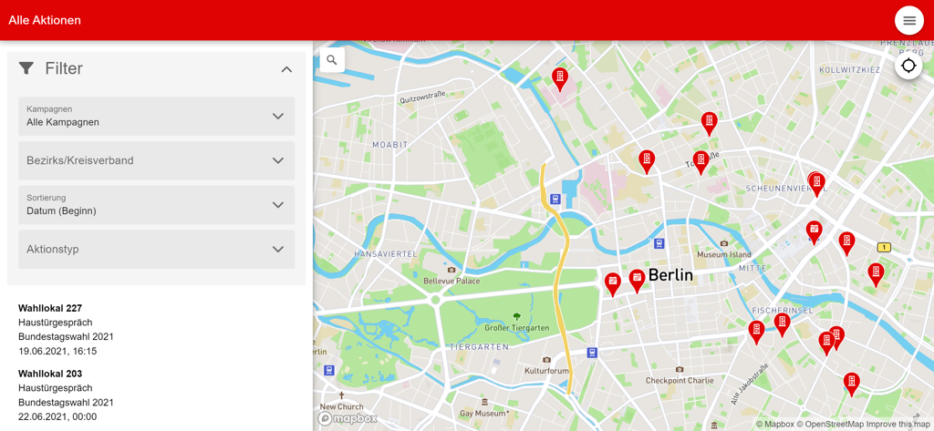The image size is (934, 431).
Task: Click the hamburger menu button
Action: (x=908, y=20)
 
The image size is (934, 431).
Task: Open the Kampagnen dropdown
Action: (x=156, y=116)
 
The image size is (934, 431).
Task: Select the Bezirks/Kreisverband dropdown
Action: (x=156, y=160)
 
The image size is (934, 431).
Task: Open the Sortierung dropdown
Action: (x=156, y=205)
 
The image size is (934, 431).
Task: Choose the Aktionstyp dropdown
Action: (x=156, y=249)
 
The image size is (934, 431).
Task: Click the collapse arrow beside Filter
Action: (x=286, y=69)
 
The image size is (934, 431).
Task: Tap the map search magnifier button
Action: (x=332, y=60)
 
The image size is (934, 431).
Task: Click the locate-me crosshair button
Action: (x=908, y=66)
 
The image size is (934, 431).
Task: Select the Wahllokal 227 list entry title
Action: (x=50, y=308)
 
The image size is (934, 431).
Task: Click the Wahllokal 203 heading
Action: (x=50, y=374)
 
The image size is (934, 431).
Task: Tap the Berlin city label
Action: (x=670, y=274)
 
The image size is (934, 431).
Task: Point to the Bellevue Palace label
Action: (x=451, y=281)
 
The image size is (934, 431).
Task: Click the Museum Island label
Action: (x=723, y=254)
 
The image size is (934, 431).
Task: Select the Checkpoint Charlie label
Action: (x=680, y=380)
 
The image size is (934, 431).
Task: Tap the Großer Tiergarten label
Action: (x=516, y=328)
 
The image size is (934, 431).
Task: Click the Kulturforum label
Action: (x=546, y=371)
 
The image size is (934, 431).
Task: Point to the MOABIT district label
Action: (x=389, y=145)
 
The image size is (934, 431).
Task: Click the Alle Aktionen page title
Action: (x=45, y=20)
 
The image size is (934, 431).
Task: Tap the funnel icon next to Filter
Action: (x=26, y=68)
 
